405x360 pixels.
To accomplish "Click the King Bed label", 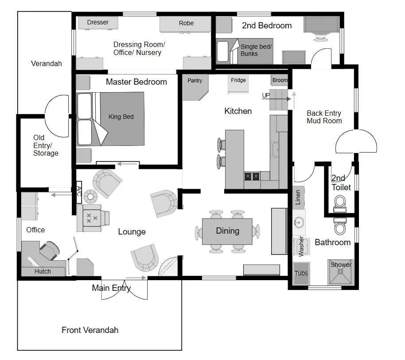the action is pyautogui.click(x=121, y=117).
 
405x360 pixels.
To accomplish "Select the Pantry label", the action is pyautogui.click(x=195, y=81).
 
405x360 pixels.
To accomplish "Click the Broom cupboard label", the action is pyautogui.click(x=280, y=80).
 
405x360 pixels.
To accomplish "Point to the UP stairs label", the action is pyautogui.click(x=266, y=95).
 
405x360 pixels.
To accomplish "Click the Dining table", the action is pyautogui.click(x=227, y=231).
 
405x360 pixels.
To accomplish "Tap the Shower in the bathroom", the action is pyautogui.click(x=341, y=272).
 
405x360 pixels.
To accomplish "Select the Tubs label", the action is pyautogui.click(x=301, y=273).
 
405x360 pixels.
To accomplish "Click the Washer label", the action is pyautogui.click(x=301, y=247).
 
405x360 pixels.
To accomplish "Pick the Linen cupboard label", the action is pyautogui.click(x=298, y=197).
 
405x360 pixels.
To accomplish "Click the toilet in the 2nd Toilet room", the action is pyautogui.click(x=340, y=203).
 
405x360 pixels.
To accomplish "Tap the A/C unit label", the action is pyautogui.click(x=79, y=192).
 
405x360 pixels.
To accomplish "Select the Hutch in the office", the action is pyautogui.click(x=43, y=271).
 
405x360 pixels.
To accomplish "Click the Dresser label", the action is pyautogui.click(x=97, y=22).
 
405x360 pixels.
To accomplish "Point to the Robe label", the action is pyautogui.click(x=186, y=23).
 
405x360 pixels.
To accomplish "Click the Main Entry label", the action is pyautogui.click(x=111, y=288).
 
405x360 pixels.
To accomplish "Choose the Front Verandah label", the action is pyautogui.click(x=90, y=330).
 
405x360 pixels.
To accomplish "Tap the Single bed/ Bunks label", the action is pyautogui.click(x=256, y=50).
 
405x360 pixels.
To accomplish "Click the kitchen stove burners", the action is pyautogui.click(x=252, y=176).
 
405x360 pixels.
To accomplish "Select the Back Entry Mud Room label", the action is pyautogui.click(x=324, y=117).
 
